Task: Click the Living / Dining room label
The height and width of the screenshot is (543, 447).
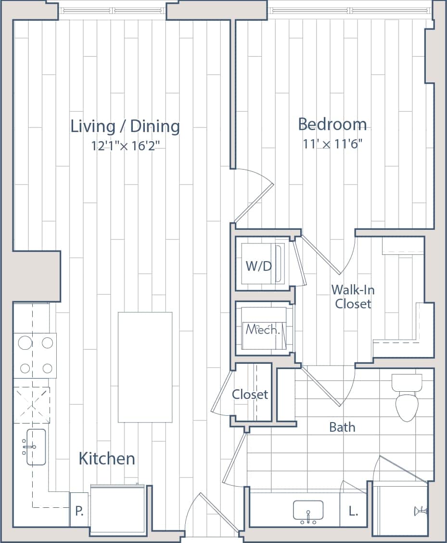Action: [x=125, y=127]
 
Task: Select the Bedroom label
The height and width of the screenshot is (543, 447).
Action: [x=332, y=124]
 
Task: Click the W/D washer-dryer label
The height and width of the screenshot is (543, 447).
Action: [x=259, y=266]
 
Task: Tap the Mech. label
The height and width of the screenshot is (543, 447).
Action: [x=262, y=330]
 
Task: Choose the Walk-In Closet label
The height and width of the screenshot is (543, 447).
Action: [x=353, y=297]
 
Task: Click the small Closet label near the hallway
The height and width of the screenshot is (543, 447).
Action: [x=250, y=395]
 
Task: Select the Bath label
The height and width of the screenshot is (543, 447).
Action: [x=342, y=427]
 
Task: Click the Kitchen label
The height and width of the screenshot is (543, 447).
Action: [x=107, y=459]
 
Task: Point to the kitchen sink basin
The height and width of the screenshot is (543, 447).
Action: [x=37, y=447]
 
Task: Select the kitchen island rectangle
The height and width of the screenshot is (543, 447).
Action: [x=145, y=367]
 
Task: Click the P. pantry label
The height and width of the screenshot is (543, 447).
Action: [x=79, y=510]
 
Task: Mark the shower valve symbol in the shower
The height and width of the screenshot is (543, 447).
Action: [x=421, y=511]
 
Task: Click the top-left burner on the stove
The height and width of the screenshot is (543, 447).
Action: [x=25, y=343]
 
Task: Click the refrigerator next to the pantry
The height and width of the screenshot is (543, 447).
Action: [x=117, y=510]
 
